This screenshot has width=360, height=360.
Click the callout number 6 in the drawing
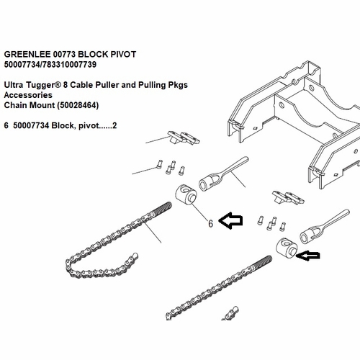(x=210, y=223)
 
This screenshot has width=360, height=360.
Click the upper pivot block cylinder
(x=187, y=194)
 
